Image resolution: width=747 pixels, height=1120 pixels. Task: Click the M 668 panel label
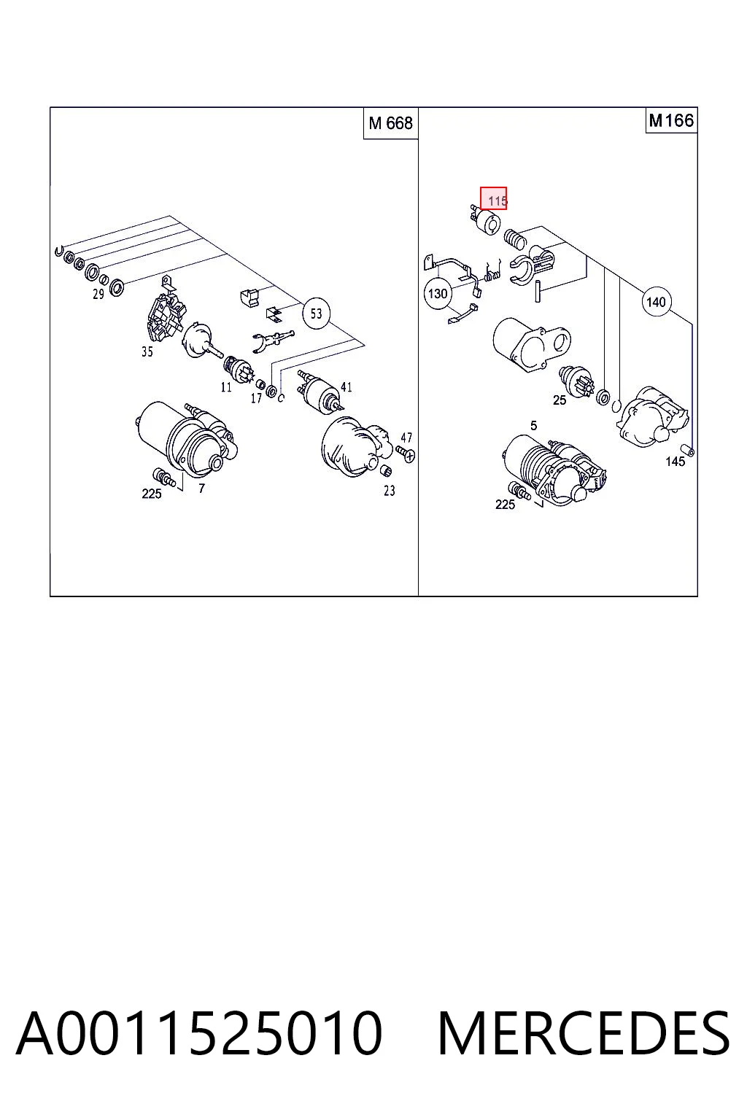coord(390,123)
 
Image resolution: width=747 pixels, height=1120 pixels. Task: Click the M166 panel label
coord(671,120)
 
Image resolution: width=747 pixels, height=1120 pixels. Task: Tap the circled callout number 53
coord(316,314)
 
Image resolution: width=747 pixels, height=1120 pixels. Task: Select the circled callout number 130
coord(438,294)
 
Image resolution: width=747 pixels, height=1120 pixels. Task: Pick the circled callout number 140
coord(656,302)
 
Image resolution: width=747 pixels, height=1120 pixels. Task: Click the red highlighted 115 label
coord(494,198)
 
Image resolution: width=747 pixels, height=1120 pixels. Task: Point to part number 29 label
coord(98,295)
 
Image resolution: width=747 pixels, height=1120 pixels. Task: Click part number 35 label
coord(147,352)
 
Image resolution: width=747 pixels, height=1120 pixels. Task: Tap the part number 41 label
coord(347,387)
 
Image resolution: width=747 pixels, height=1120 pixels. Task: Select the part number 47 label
coord(406,438)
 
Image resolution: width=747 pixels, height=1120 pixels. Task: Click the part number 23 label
coord(390,491)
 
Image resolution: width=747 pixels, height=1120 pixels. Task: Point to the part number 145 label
coord(675,462)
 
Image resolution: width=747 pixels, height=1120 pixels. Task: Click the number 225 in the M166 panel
coord(505,505)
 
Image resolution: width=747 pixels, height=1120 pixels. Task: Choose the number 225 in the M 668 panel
coord(152,494)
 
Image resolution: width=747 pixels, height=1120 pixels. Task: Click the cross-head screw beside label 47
coord(406,454)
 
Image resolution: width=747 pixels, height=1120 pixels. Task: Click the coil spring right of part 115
coord(515,238)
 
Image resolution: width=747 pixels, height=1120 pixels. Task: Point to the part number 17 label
coord(255,399)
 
